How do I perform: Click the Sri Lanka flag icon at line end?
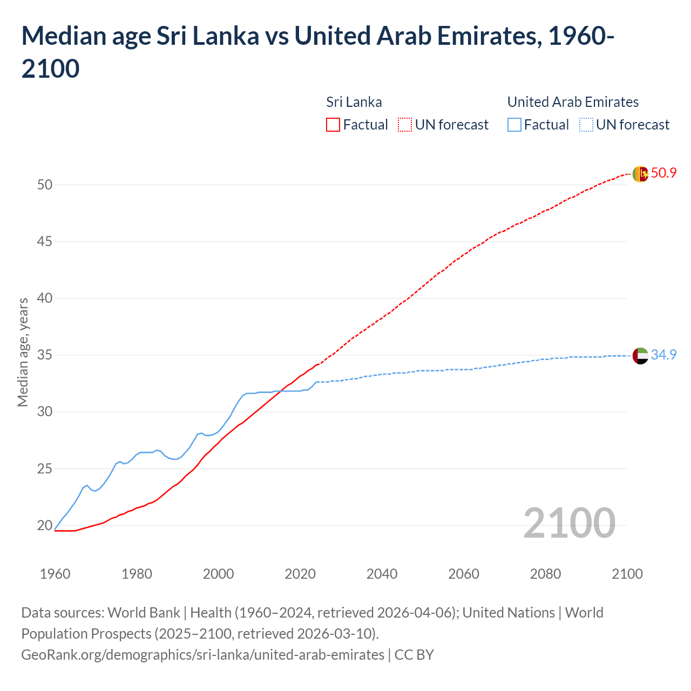(640, 174)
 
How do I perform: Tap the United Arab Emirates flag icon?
(640, 356)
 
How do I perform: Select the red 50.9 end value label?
(663, 173)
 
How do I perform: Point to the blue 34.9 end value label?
(663, 355)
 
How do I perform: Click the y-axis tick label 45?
(45, 241)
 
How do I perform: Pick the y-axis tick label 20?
(45, 525)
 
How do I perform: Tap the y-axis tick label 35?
(45, 355)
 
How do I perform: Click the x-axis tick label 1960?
(55, 574)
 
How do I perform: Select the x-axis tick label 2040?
(382, 574)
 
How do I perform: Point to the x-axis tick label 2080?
(545, 574)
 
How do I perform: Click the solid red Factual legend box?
(333, 125)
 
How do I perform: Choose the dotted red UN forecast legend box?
(405, 125)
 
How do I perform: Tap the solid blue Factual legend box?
(514, 125)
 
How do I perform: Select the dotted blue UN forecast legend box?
(586, 125)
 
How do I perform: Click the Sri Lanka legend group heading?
(354, 102)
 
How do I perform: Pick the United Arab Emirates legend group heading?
(573, 102)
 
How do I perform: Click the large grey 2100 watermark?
(569, 523)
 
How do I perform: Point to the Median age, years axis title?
(23, 352)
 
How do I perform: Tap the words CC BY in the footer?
(414, 655)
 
